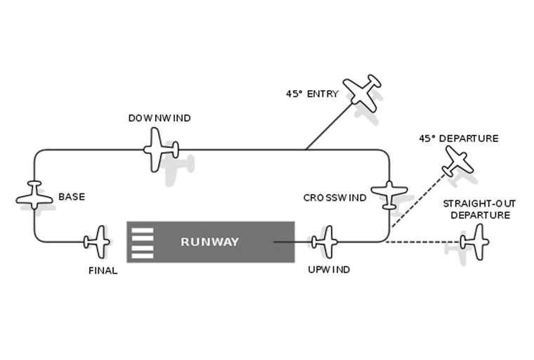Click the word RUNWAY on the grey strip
209,242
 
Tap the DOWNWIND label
159,118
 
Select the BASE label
72,197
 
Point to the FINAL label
103,270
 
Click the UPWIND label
329,269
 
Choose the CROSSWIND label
334,198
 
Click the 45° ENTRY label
312,94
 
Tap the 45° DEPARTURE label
458,139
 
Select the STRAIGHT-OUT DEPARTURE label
479,209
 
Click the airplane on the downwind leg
161,149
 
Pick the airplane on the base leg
34,195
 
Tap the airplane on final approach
98,242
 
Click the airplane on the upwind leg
325,242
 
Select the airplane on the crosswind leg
389,193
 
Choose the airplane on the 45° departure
458,162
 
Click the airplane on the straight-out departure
476,242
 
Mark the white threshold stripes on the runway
142,243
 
